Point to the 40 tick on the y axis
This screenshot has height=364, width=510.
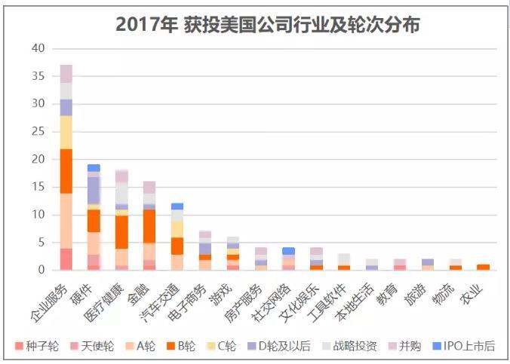38,49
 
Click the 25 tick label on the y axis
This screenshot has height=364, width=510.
38,132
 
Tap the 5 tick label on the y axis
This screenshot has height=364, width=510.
41,243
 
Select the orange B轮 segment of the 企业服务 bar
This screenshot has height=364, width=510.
66,171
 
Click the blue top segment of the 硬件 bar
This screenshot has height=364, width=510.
94,168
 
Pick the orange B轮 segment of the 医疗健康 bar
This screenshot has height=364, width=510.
121,232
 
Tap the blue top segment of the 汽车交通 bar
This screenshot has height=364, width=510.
177,206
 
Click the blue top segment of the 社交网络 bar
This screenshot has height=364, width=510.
288,251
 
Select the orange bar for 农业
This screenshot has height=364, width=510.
483,267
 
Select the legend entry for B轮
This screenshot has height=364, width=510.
180,347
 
